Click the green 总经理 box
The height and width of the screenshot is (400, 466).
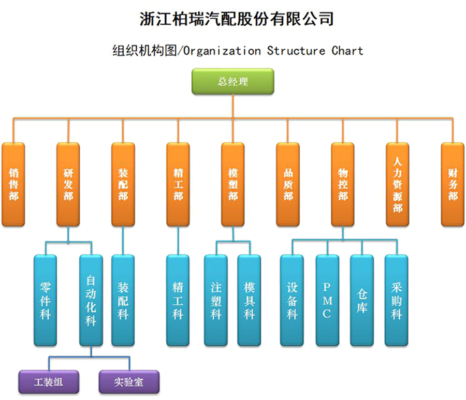pyautogui.click(x=232, y=81)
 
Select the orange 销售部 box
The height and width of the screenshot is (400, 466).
pyautogui.click(x=13, y=184)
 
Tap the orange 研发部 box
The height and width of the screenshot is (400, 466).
pyautogui.click(x=68, y=184)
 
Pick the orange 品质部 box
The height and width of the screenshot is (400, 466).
pyautogui.click(x=288, y=184)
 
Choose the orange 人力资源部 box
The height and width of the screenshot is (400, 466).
pyautogui.click(x=397, y=184)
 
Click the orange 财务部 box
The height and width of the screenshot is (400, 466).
pyautogui.click(x=453, y=184)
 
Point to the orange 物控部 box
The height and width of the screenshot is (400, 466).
pyautogui.click(x=343, y=184)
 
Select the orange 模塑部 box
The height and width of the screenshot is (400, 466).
pyautogui.click(x=232, y=184)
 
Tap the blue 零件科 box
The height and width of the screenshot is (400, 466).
pyautogui.click(x=45, y=300)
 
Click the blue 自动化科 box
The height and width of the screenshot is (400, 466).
pyautogui.click(x=91, y=300)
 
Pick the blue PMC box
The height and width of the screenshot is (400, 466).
pyautogui.click(x=327, y=300)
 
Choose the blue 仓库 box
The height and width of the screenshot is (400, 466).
pyautogui.click(x=362, y=300)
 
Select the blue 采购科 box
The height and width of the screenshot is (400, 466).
pyautogui.click(x=396, y=300)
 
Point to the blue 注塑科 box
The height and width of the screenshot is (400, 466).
pyautogui.click(x=216, y=300)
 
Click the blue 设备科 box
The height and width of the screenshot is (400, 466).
pyautogui.click(x=292, y=300)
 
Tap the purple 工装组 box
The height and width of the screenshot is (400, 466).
pyautogui.click(x=49, y=382)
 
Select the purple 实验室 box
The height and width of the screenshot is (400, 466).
pyautogui.click(x=129, y=382)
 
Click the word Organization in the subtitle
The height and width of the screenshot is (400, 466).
pyautogui.click(x=222, y=51)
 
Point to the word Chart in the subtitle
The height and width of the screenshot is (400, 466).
pyautogui.click(x=347, y=51)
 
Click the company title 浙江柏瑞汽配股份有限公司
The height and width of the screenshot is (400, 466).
pyautogui.click(x=237, y=19)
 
